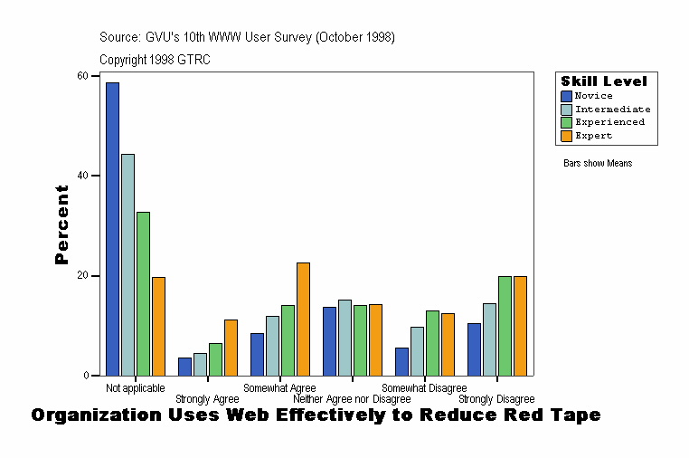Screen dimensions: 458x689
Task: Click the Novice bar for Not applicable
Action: pos(112,228)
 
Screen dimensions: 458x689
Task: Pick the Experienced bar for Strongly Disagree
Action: pos(505,326)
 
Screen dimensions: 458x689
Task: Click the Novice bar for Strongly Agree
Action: pos(184,366)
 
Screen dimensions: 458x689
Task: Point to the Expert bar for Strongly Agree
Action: pos(231,347)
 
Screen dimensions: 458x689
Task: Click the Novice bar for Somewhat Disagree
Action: pos(401,361)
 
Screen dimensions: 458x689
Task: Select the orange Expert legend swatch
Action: pos(566,136)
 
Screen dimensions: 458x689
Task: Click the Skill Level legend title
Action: pos(603,81)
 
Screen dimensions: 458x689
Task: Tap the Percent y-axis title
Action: pos(61,224)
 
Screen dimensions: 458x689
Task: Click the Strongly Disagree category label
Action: pos(496,399)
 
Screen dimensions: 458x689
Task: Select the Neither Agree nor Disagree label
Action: pos(352,399)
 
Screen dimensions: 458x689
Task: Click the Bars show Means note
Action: pos(598,163)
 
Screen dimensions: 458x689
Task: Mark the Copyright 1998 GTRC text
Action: pos(155,60)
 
